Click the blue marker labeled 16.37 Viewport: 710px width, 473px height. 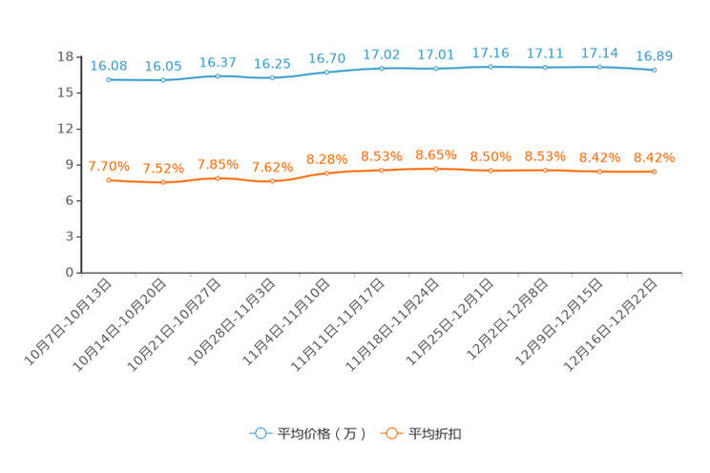219,75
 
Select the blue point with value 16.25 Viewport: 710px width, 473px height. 273,77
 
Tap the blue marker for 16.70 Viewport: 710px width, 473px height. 327,72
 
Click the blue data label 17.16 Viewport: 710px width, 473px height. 491,51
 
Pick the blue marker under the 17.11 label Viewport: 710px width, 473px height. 545,67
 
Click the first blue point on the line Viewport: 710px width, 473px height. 109,80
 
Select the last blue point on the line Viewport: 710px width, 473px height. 654,70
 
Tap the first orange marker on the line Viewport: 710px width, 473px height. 109,179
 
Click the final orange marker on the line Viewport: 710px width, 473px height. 654,172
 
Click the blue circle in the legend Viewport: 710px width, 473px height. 260,433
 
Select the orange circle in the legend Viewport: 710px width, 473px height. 391,433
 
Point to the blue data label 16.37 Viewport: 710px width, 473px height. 219,62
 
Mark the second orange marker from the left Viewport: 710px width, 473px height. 163,182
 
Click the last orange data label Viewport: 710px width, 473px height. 654,157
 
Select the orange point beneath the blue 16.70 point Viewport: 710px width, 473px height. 327,173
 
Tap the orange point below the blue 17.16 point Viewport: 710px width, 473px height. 491,170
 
